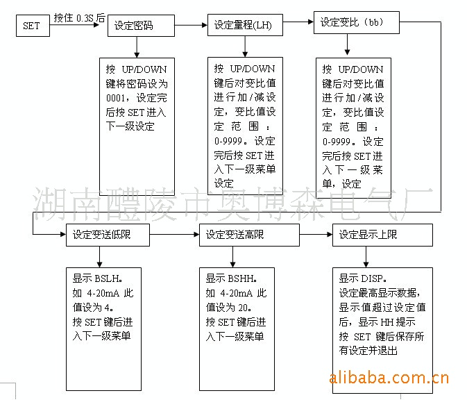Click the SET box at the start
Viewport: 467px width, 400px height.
click(33, 26)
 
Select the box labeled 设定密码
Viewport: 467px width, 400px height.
click(141, 26)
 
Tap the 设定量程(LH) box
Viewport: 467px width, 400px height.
click(245, 25)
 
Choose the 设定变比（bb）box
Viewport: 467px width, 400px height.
click(357, 22)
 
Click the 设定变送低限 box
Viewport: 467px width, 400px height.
click(108, 235)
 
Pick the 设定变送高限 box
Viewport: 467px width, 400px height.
click(249, 235)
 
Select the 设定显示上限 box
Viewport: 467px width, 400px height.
click(382, 235)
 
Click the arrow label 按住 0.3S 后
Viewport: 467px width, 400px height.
click(79, 18)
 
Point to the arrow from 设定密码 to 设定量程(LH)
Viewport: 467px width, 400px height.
click(192, 25)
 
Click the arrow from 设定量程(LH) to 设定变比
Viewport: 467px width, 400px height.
click(298, 22)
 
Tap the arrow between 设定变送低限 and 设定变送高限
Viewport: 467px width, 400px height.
click(175, 235)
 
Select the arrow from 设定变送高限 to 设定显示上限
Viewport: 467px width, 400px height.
click(316, 235)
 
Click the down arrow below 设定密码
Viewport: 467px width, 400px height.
click(137, 47)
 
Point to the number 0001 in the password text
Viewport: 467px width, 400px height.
click(116, 98)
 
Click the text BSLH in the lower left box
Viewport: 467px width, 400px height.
click(107, 278)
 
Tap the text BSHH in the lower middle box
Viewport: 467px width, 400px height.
click(240, 278)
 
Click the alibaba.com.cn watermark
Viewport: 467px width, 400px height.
click(389, 378)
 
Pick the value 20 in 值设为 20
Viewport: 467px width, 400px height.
click(243, 308)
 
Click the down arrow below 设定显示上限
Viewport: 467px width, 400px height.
click(366, 257)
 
